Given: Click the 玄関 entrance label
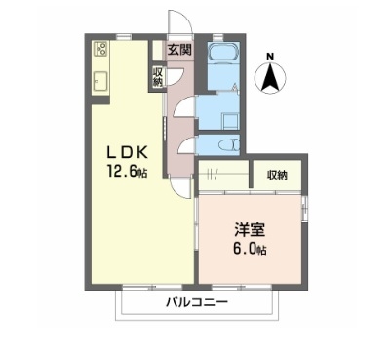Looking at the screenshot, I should [x=178, y=50].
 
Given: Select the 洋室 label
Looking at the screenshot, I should [x=246, y=230].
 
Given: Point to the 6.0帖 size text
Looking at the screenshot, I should [x=246, y=249].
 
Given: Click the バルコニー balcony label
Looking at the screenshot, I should [x=196, y=303].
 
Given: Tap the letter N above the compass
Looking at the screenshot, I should [x=272, y=56].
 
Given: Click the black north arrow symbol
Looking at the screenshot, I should [x=272, y=76].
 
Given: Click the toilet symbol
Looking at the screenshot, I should [x=227, y=144].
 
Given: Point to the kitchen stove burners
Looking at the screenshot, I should [x=101, y=49].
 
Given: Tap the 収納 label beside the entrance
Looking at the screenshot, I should [x=157, y=76].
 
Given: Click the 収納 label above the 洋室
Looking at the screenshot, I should [x=277, y=176].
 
